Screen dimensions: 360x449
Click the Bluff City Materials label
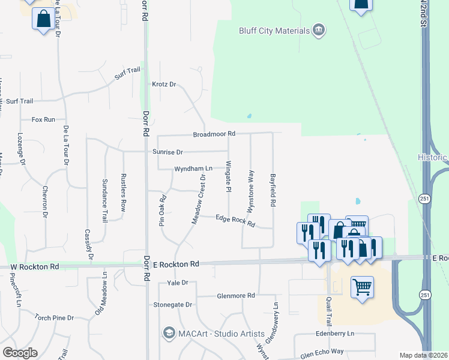pos(274,31)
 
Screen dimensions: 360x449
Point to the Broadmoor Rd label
pos(214,134)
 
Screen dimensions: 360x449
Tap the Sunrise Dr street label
pos(167,152)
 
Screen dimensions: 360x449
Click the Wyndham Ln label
pos(193,169)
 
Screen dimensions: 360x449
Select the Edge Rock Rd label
pos(235,221)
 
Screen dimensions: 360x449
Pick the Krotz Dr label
pos(164,85)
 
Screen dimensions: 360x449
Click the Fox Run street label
pos(43,119)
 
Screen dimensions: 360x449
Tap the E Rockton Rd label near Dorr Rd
pos(176,264)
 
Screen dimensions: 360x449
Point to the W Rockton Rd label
pos(35,266)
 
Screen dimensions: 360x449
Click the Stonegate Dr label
pos(172,305)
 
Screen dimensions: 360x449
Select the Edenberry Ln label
pos(335,334)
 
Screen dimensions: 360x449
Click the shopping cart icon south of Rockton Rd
pos(362,287)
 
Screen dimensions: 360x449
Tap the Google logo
pos(20,353)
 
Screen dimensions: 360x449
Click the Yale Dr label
pos(178,283)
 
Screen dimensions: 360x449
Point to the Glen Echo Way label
pos(322,353)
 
